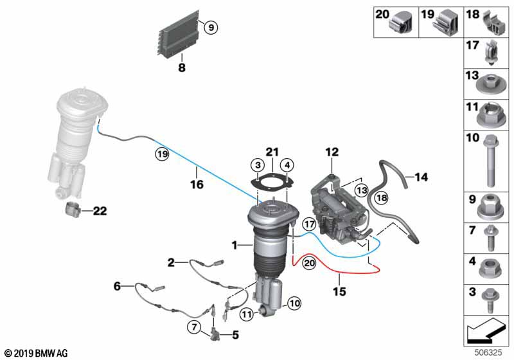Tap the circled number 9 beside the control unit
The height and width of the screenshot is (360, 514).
coord(211,27)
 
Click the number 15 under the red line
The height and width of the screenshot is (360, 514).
coord(339,291)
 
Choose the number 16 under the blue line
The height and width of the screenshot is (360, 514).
coord(197,184)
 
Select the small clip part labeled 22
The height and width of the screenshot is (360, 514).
coord(73,209)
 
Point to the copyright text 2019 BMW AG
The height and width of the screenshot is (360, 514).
coord(36,353)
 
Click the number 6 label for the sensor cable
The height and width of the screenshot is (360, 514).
coord(118,286)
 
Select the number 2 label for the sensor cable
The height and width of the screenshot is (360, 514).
coord(171,262)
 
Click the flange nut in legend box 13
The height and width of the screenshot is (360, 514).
coord(490,84)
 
